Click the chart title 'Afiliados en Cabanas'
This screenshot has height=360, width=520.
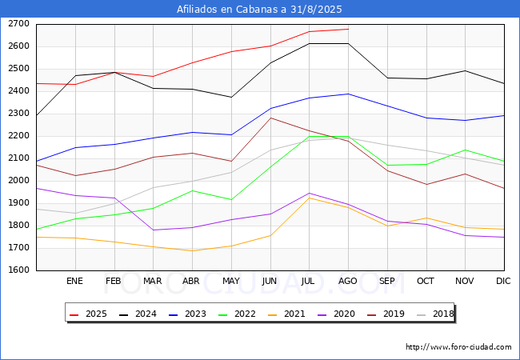(x=259, y=10)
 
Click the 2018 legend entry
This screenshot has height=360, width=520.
(x=436, y=314)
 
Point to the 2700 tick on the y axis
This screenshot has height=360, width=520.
(x=19, y=24)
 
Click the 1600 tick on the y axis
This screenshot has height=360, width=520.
(x=19, y=270)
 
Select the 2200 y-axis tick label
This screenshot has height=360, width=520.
(x=19, y=136)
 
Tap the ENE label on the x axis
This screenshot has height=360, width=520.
(x=74, y=282)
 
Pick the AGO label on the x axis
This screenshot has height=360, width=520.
(x=347, y=282)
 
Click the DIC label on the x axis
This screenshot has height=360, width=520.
(x=503, y=282)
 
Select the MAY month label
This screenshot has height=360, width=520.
(x=230, y=282)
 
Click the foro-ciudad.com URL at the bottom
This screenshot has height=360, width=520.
(x=458, y=347)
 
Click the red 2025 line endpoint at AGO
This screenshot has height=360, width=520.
(x=348, y=29)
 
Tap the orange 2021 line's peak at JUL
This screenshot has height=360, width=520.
(x=309, y=198)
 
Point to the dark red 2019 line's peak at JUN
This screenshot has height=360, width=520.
(x=270, y=118)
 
